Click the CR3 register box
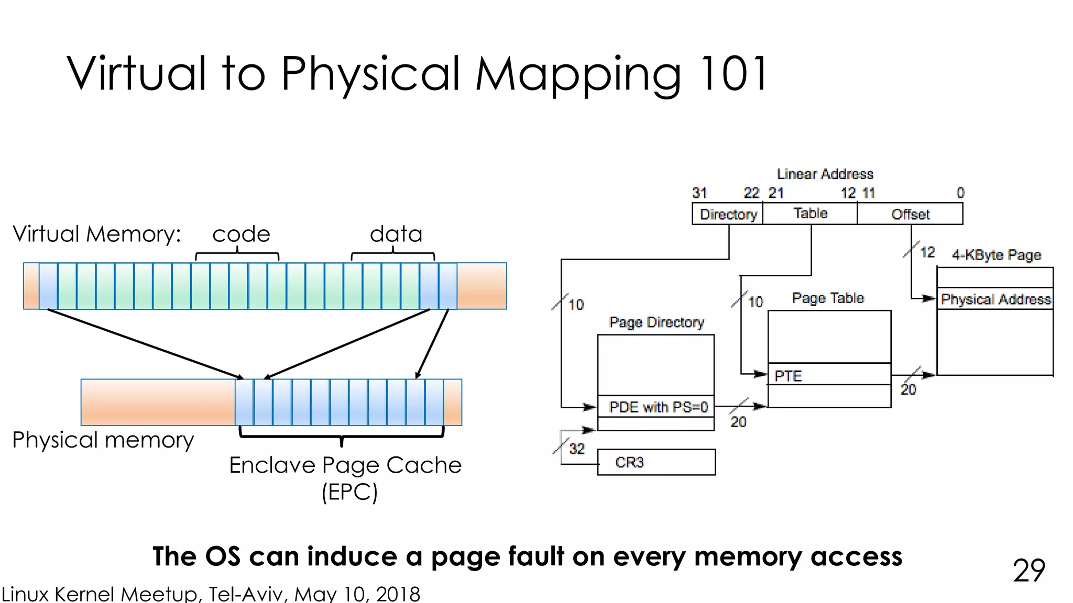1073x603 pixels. pyautogui.click(x=656, y=462)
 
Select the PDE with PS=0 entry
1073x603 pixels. pyautogui.click(x=656, y=407)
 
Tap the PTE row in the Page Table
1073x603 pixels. pyautogui.click(x=829, y=375)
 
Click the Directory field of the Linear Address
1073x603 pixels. pyautogui.click(x=727, y=214)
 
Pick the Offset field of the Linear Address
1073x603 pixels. pyautogui.click(x=910, y=214)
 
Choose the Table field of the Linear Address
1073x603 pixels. pyautogui.click(x=810, y=214)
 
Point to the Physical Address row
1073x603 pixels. pyautogui.click(x=995, y=299)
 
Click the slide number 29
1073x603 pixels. pyautogui.click(x=1028, y=571)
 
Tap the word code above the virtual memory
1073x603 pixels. pyautogui.click(x=241, y=234)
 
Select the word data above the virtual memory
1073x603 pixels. pyautogui.click(x=396, y=234)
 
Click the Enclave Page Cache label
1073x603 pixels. pyautogui.click(x=345, y=465)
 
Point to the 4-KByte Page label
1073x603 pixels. pyautogui.click(x=996, y=255)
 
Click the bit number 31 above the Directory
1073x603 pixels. pyautogui.click(x=699, y=193)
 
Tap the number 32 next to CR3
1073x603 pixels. pyautogui.click(x=576, y=449)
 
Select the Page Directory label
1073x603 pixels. pyautogui.click(x=656, y=322)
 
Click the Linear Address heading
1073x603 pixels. pyautogui.click(x=825, y=174)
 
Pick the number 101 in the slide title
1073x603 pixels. pyautogui.click(x=733, y=73)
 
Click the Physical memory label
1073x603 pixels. pyautogui.click(x=103, y=440)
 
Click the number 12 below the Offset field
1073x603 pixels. pyautogui.click(x=927, y=252)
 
